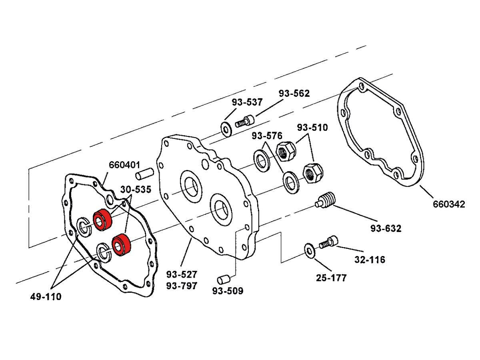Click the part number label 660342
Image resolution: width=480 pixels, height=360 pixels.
[449, 204]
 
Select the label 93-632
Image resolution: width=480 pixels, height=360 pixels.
[385, 228]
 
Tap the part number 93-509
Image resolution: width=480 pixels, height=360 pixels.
[228, 291]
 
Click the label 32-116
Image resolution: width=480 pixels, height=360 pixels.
[370, 260]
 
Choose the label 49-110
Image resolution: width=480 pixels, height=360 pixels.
[46, 297]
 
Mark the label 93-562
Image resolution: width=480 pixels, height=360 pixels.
[294, 93]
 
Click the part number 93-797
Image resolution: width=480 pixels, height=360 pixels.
[182, 286]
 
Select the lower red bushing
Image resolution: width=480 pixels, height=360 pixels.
[120, 245]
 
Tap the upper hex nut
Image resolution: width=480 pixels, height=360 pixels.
[286, 152]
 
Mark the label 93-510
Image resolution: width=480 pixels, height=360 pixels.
[312, 128]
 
